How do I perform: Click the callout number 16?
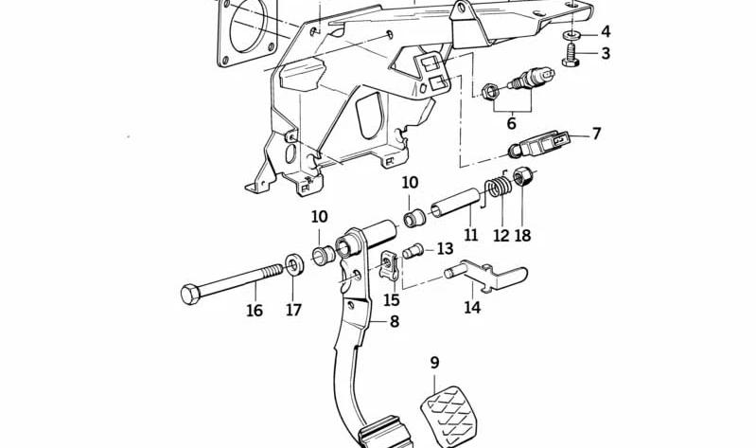[x=255, y=310]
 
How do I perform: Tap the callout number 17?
[x=294, y=310]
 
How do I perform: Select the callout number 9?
[x=434, y=362]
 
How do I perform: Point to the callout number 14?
[x=472, y=307]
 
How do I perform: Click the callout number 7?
[x=596, y=133]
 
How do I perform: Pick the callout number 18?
[x=523, y=235]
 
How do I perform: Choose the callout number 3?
[x=606, y=53]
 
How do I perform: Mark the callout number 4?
[x=606, y=32]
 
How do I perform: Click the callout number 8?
[x=394, y=321]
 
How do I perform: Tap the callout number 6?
[x=511, y=122]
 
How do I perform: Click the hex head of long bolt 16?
[x=188, y=293]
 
